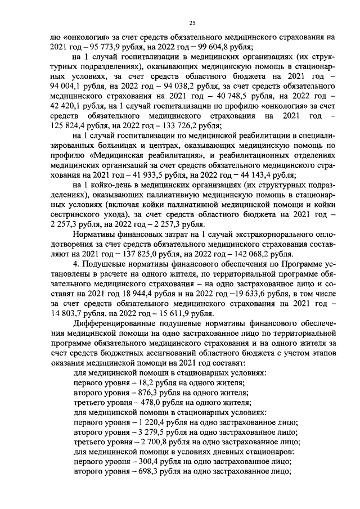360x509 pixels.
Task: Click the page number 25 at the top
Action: [192, 22]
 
